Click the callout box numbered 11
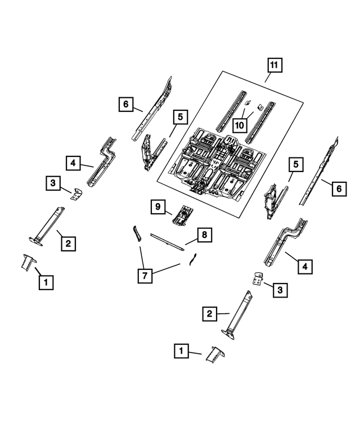pos(273,66)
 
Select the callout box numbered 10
pos(240,124)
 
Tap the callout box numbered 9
pos(159,208)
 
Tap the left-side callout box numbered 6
pos(127,104)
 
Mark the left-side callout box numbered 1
pos(46,281)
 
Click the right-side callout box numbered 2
pos(209,313)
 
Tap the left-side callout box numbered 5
pos(179,117)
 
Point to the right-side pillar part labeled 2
pos(240,316)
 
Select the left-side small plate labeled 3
pos(75,193)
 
